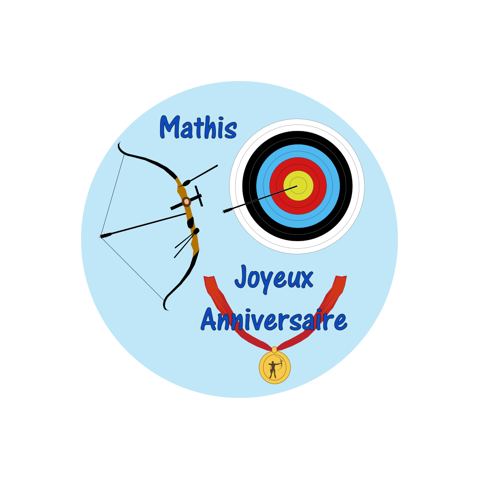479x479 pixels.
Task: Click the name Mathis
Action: [198, 127]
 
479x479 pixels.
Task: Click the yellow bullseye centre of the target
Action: [298, 186]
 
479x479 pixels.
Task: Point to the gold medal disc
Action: [274, 367]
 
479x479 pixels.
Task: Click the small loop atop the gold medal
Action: [274, 350]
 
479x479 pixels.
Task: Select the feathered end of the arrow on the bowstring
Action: [106, 235]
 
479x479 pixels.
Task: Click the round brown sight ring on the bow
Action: [186, 202]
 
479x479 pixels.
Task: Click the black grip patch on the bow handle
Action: [191, 223]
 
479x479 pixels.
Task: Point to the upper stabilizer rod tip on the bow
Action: [217, 166]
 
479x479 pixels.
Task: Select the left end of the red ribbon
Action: [209, 277]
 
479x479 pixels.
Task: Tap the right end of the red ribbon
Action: [341, 277]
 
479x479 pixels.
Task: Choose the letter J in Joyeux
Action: [240, 276]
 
